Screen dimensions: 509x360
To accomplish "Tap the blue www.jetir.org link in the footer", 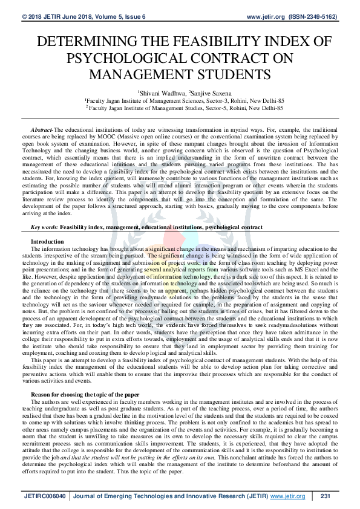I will [x=287, y=496].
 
